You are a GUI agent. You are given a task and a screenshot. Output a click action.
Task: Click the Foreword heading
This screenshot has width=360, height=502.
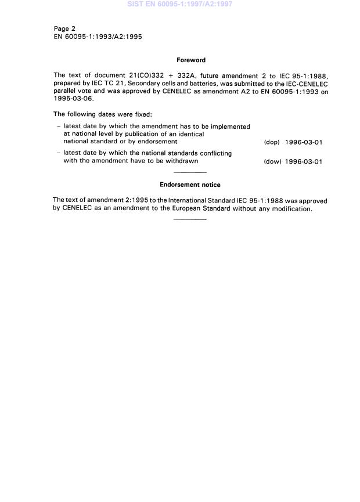(191, 60)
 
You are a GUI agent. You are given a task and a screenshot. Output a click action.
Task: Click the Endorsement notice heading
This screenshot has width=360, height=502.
(190, 185)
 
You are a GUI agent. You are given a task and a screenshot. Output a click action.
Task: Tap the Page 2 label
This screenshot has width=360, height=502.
(64, 28)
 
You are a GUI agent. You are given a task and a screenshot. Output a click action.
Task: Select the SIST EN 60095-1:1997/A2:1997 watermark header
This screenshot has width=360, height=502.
(179, 4)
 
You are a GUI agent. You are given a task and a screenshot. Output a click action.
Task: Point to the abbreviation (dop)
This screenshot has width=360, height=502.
(272, 142)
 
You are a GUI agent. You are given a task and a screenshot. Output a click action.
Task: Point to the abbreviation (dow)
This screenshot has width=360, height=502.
(272, 162)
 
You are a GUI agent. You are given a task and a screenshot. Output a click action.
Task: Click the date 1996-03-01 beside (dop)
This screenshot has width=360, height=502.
(304, 142)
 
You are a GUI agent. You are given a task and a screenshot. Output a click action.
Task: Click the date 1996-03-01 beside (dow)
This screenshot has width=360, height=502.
(304, 162)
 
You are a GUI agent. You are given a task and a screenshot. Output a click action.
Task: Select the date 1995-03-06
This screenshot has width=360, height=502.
(73, 99)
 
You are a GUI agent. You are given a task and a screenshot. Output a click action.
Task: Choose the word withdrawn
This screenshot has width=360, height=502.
(177, 161)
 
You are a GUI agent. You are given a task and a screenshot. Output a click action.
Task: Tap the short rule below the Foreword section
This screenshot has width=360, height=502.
(190, 173)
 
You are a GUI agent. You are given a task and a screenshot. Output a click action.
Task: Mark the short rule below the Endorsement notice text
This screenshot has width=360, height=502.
(190, 219)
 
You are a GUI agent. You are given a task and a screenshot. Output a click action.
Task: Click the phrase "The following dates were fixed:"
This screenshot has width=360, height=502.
(103, 114)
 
